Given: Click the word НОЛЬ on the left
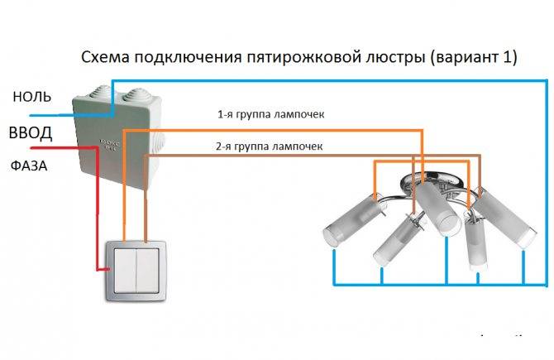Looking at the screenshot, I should click(33, 97).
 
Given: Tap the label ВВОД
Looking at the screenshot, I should click(31, 133).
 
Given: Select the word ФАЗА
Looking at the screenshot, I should click(29, 166).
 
